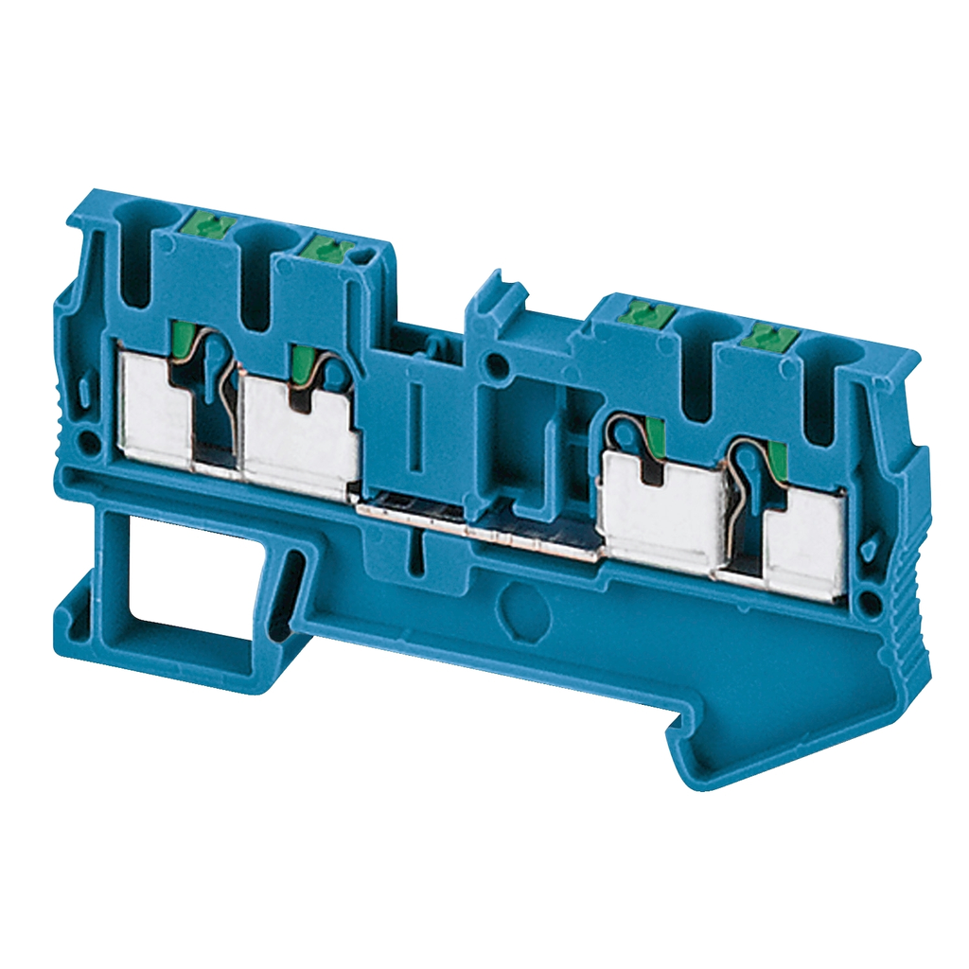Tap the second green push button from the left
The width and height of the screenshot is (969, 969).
(325, 249)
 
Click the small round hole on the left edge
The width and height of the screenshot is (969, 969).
(88, 441)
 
